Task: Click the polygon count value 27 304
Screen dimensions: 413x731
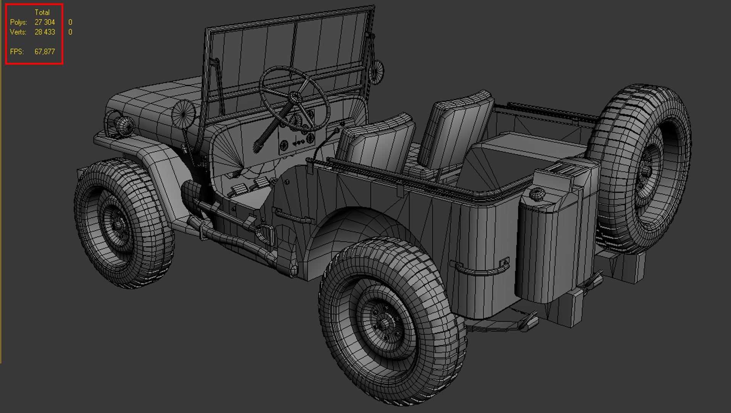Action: coord(45,22)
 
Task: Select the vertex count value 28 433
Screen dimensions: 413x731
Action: coord(45,32)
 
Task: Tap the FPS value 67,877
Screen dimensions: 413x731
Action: coord(45,52)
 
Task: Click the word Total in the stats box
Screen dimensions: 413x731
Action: coord(42,12)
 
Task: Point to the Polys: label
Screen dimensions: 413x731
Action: coord(18,22)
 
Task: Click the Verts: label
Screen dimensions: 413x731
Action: coord(18,32)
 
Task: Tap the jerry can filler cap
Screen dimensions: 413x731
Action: coord(537,194)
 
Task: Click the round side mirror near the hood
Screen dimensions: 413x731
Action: coord(184,113)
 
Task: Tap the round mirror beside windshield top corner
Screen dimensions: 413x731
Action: coord(377,72)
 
